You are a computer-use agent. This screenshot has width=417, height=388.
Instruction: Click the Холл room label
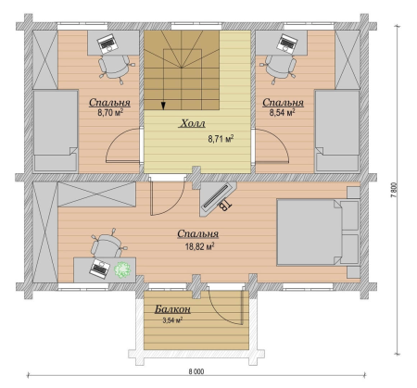tap(192, 123)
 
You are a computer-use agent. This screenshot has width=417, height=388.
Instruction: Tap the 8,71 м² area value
tap(221, 139)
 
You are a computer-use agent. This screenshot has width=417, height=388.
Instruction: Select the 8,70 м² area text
tap(110, 112)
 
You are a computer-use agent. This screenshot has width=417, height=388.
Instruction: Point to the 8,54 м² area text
tap(283, 112)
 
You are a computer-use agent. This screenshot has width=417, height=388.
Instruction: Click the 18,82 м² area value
tap(200, 246)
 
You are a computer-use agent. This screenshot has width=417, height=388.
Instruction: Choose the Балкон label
tap(172, 309)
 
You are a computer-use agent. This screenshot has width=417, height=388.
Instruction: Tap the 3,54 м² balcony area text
tap(172, 320)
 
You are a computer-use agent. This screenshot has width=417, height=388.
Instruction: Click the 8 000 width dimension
tap(196, 371)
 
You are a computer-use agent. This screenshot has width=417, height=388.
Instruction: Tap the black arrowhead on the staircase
tap(163, 106)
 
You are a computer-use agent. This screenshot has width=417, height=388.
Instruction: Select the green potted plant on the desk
tap(122, 269)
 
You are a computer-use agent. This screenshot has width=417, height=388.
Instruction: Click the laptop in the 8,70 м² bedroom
tap(107, 43)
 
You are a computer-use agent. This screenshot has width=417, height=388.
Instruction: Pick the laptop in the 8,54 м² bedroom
tap(287, 43)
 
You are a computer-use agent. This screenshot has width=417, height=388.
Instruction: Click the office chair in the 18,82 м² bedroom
tap(107, 244)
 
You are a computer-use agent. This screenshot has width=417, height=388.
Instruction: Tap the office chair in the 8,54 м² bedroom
tap(278, 69)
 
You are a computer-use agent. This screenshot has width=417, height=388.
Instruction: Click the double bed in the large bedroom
tap(318, 232)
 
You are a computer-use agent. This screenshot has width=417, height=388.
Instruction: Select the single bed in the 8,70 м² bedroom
tap(56, 131)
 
